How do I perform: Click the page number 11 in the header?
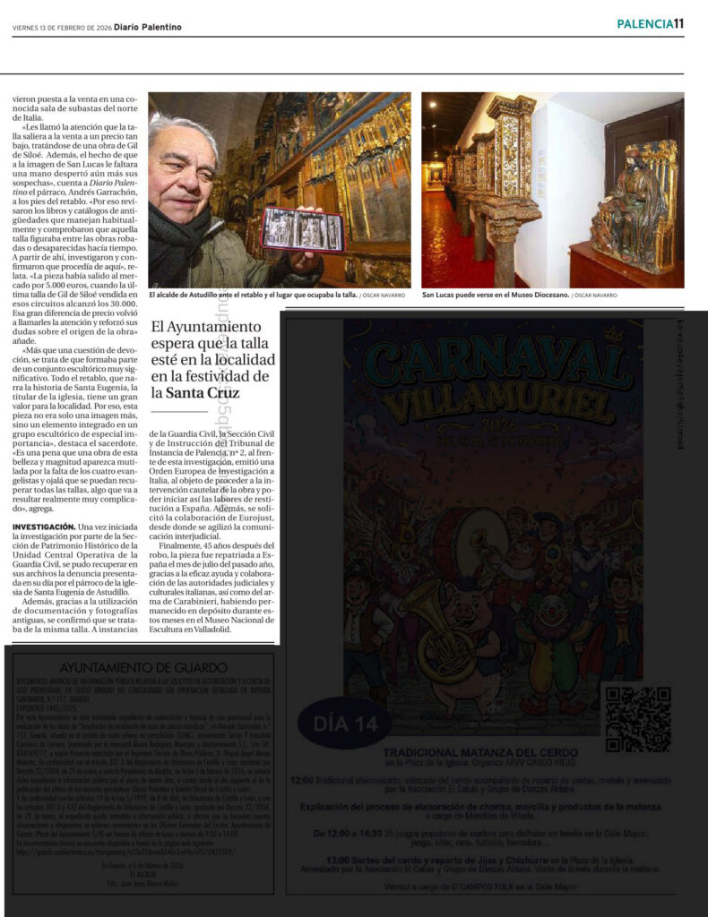click(678, 24)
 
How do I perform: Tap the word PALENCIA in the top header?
click(644, 24)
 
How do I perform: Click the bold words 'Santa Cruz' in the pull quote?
click(203, 391)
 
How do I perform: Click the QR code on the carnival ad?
click(638, 718)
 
